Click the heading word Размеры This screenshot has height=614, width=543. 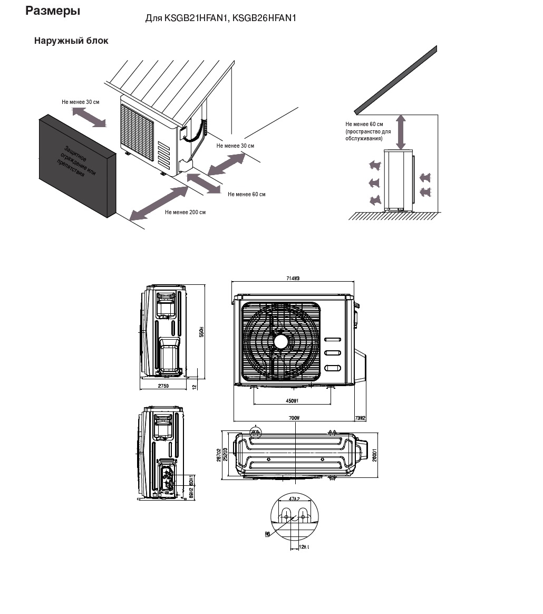[x=53, y=11]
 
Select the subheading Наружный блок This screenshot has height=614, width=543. [x=71, y=41]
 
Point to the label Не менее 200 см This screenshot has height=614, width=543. [x=185, y=212]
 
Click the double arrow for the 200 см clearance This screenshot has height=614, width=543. [x=159, y=203]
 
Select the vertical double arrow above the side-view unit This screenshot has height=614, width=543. [x=401, y=132]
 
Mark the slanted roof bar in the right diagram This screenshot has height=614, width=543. [x=395, y=80]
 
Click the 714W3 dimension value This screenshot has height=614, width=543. [x=294, y=279]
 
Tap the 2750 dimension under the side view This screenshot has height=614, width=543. [x=163, y=387]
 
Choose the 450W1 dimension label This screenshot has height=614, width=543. [x=292, y=401]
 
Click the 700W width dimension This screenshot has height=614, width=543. [x=294, y=418]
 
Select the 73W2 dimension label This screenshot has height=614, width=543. [x=361, y=418]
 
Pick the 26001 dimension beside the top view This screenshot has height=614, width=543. [x=374, y=456]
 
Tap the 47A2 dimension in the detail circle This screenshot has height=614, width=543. [x=294, y=498]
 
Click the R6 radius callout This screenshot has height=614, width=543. [x=267, y=534]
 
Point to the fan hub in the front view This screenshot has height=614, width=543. [x=281, y=342]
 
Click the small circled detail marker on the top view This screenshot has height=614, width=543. [x=256, y=431]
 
